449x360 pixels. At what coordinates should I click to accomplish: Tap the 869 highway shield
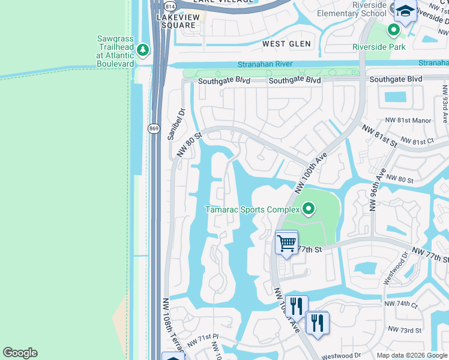pos(154,128)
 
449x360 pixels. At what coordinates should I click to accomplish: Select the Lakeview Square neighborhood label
pos(176,22)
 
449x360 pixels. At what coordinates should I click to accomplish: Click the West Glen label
pos(287,44)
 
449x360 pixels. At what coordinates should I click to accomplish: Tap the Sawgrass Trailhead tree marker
pos(143,50)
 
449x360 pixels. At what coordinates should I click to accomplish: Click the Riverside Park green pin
pos(394,29)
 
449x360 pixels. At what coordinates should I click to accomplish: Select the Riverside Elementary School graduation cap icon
pos(405,11)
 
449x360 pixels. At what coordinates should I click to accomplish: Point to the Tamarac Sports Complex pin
pos(309,209)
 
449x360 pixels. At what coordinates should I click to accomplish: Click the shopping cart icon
pos(286,244)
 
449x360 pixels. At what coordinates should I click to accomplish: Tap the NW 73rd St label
pos(405,330)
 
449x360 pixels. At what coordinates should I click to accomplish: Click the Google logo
pos(20,353)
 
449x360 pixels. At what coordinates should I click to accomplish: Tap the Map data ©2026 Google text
pos(411,355)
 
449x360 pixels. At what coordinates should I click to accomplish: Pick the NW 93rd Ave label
pos(445,103)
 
